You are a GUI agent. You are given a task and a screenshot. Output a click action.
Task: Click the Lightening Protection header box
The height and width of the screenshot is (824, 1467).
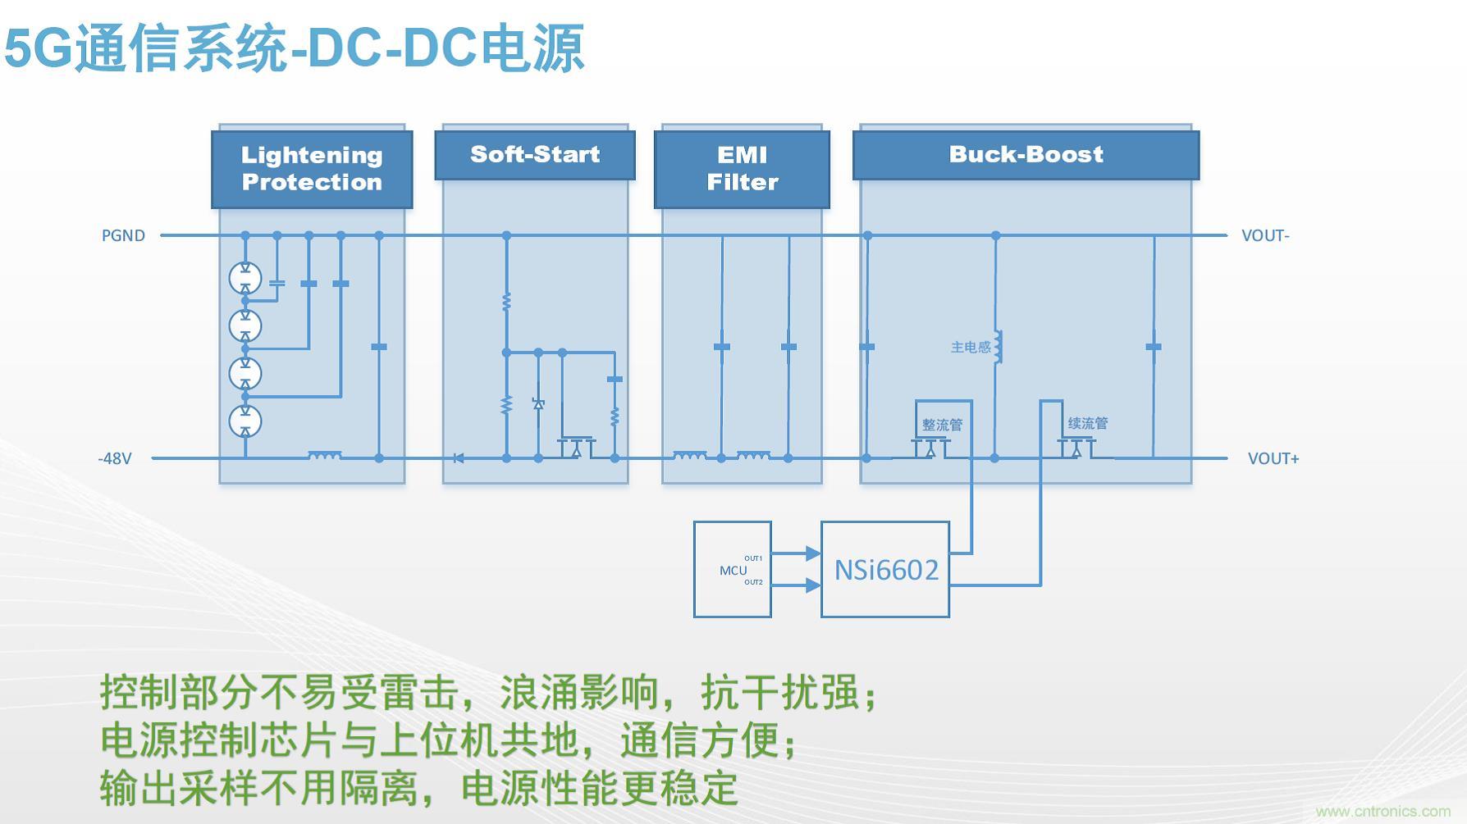tap(312, 169)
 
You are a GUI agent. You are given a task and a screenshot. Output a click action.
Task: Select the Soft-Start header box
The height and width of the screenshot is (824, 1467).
tap(535, 155)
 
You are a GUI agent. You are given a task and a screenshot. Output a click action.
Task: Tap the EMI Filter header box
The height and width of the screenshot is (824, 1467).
tap(742, 169)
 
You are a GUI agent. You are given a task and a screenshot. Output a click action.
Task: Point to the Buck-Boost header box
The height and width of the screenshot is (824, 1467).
tap(1026, 155)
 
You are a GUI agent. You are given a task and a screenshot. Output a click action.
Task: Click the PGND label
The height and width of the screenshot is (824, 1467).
tap(123, 236)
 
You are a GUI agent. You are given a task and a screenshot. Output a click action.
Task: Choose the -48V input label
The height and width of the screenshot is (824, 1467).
tap(115, 459)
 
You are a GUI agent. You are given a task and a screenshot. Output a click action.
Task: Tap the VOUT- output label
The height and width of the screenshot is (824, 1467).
tap(1265, 236)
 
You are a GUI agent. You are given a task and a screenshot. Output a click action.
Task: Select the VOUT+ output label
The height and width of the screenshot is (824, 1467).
tap(1273, 459)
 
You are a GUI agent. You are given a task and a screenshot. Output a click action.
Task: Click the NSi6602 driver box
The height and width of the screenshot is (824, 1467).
tap(885, 570)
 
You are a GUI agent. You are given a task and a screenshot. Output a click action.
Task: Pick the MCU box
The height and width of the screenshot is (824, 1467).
tap(732, 570)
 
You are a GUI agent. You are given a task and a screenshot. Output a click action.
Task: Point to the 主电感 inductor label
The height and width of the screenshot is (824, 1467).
tap(971, 348)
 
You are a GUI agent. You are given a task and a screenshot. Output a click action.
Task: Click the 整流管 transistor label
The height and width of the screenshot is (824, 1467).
tap(942, 425)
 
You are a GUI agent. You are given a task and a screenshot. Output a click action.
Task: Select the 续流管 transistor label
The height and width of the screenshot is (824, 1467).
tap(1088, 424)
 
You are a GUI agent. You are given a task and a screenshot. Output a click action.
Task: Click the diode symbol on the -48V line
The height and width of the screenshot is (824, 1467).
tap(458, 458)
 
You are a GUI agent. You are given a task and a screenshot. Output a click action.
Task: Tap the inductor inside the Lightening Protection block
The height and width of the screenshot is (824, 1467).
tap(325, 455)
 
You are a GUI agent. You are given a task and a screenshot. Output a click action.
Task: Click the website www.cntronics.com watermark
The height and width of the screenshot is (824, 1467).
tap(1382, 812)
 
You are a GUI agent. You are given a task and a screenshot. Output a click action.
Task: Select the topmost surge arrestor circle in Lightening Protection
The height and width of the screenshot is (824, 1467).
tap(245, 278)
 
